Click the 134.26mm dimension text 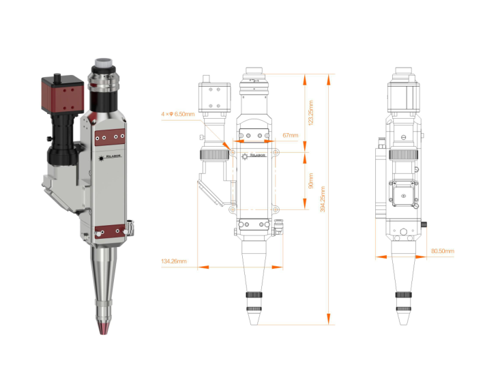[174, 261]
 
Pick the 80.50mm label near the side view [443, 251]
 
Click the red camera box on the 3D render [62, 95]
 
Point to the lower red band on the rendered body [109, 232]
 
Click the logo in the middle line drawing [258, 155]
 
